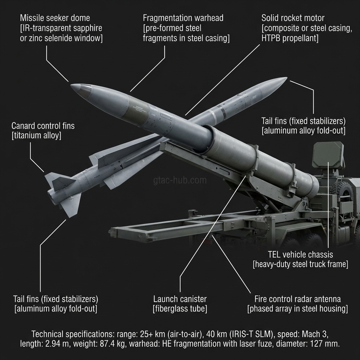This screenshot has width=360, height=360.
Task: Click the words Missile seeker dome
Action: tap(55, 18)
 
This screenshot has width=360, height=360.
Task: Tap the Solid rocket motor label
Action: tap(293, 18)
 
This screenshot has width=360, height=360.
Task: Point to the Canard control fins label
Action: tap(43, 126)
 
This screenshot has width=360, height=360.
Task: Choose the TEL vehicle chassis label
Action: tap(300, 254)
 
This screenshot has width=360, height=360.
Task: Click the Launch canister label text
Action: tap(180, 299)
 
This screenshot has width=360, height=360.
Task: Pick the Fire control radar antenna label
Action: tap(297, 299)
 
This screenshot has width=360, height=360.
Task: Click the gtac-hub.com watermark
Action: tap(180, 181)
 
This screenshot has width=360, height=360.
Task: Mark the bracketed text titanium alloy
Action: tap(37, 136)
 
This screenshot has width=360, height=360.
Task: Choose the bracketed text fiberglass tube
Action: tap(180, 309)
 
